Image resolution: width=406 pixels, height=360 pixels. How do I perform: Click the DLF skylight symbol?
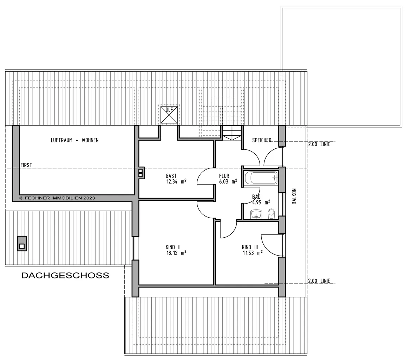coord(169,115)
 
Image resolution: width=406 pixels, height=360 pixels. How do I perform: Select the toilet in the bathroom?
coord(271,214)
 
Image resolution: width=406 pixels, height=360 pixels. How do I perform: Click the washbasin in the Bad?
coord(256,214)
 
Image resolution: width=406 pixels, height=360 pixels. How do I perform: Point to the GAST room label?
coord(171,176)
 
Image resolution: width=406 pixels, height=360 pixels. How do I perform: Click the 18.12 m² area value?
coord(176,253)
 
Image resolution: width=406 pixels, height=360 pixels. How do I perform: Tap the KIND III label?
coord(250,247)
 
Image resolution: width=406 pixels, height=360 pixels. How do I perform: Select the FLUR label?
coord(224,176)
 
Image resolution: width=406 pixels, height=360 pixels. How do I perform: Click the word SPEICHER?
coord(262,140)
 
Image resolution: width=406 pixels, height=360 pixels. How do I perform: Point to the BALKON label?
coord(294,196)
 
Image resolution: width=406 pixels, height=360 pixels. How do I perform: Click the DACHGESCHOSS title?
coord(65,275)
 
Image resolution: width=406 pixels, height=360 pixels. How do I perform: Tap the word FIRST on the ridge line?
coord(26,165)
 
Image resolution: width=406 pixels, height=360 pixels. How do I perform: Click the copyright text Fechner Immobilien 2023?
coord(57,198)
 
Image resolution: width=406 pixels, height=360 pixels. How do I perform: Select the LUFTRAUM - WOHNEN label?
coord(74,140)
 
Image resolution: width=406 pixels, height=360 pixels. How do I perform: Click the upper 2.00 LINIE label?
coord(319,144)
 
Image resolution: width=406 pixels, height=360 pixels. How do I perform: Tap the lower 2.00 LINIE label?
coord(319,281)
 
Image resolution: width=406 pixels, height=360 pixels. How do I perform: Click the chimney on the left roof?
coord(22,243)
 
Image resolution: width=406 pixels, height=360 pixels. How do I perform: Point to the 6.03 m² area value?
coord(228,182)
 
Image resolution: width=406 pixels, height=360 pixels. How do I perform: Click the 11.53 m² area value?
coord(253,253)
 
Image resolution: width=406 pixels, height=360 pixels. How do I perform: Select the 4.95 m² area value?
coord(261,202)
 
